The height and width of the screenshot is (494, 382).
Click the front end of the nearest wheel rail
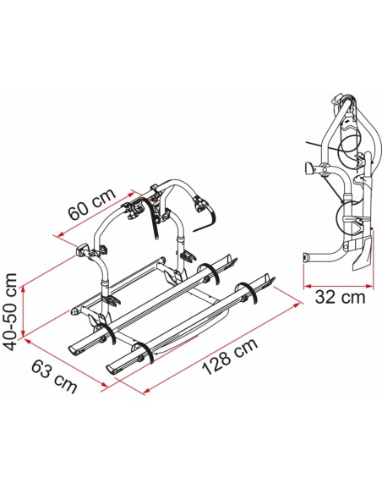(x=114, y=372)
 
